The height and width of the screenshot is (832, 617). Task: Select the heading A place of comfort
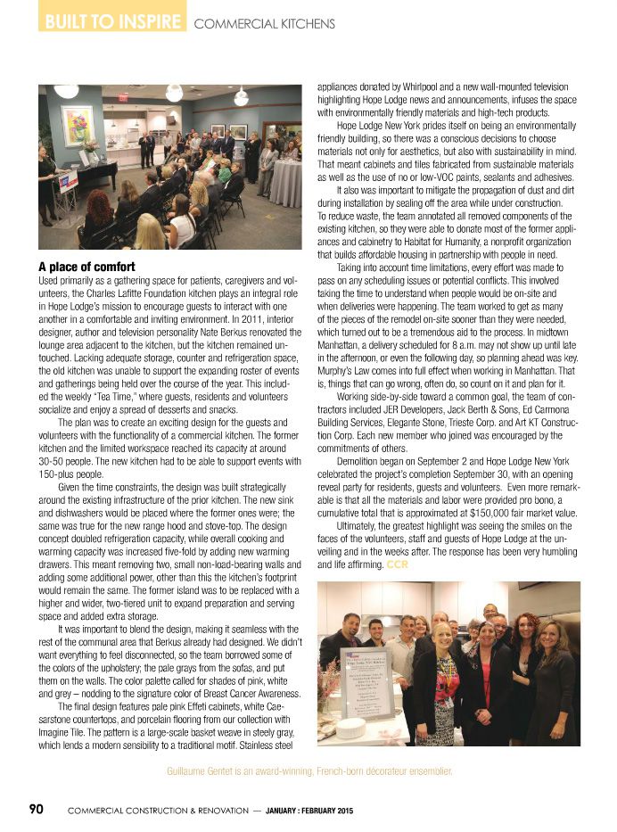(86, 267)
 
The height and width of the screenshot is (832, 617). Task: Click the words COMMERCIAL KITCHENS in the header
(264, 23)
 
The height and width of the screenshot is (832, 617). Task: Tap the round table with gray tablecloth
(285, 181)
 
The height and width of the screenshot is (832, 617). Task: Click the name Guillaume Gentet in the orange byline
(207, 770)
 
